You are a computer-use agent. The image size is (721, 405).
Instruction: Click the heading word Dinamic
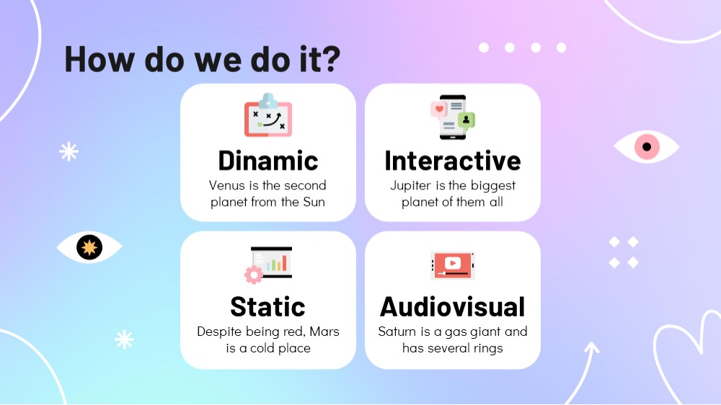point(268,161)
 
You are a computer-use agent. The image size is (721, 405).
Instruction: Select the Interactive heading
point(453,161)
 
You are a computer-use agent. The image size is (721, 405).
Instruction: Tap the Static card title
point(267,306)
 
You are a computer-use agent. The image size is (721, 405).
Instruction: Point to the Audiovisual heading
point(453,306)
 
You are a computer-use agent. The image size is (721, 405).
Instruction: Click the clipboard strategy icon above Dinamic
point(268,115)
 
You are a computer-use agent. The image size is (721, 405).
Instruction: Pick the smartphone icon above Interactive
point(453,117)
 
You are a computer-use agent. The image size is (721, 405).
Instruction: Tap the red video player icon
point(453,265)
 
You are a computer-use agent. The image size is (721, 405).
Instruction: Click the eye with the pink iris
point(647,146)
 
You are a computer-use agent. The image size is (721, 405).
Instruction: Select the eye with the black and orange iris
point(89,247)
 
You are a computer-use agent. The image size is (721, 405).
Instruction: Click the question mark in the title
point(329,59)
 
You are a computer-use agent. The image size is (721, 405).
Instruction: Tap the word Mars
point(324,331)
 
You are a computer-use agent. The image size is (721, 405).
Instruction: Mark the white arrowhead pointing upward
point(592,348)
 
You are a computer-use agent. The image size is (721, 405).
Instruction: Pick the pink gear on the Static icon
point(253,275)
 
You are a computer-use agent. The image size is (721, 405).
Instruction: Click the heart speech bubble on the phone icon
point(438,110)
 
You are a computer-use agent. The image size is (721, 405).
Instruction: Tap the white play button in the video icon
point(453,262)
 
